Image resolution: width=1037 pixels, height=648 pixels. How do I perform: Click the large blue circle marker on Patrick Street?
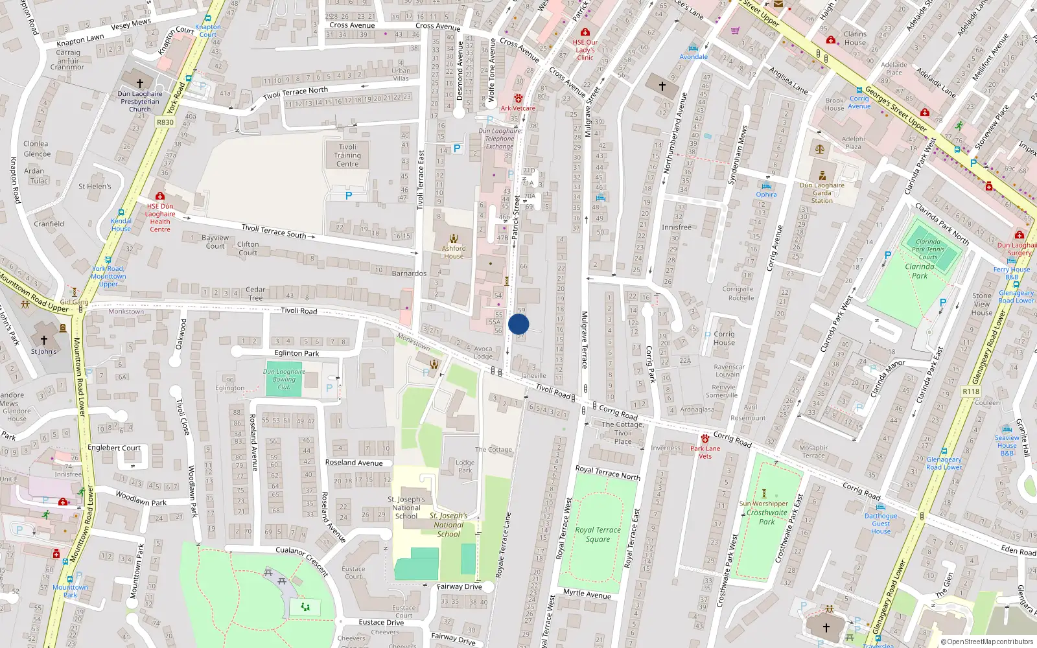tap(518, 324)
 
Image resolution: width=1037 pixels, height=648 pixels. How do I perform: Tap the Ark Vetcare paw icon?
tap(518, 98)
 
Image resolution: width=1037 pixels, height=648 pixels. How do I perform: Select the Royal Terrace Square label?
tap(598, 534)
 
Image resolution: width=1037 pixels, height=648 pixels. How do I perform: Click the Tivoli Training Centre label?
tap(347, 156)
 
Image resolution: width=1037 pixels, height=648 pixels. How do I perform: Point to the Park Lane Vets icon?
tap(705, 439)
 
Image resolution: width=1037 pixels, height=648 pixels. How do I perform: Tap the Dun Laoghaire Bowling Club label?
tap(284, 379)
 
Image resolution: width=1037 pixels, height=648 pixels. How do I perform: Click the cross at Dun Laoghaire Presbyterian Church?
tap(139, 83)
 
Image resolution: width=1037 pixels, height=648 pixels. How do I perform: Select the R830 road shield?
tap(165, 122)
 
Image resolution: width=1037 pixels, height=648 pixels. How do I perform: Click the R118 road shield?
tap(971, 391)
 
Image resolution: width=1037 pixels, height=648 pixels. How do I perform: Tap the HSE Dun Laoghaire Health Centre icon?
tap(159, 196)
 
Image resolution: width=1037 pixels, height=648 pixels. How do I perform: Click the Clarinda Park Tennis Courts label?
tap(927, 249)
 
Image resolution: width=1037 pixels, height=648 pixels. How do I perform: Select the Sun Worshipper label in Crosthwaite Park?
tap(763, 503)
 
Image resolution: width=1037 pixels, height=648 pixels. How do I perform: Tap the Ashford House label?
tap(454, 252)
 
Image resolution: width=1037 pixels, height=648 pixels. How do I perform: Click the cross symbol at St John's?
tap(44, 340)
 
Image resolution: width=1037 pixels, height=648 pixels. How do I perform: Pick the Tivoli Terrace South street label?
tap(274, 231)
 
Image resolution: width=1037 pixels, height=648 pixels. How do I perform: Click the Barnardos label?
tap(409, 273)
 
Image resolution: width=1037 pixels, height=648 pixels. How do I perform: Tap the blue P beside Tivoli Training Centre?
tap(349, 195)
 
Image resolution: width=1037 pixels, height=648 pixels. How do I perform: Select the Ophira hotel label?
tap(766, 194)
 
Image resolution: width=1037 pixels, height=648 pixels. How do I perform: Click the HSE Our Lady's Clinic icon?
tap(585, 32)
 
